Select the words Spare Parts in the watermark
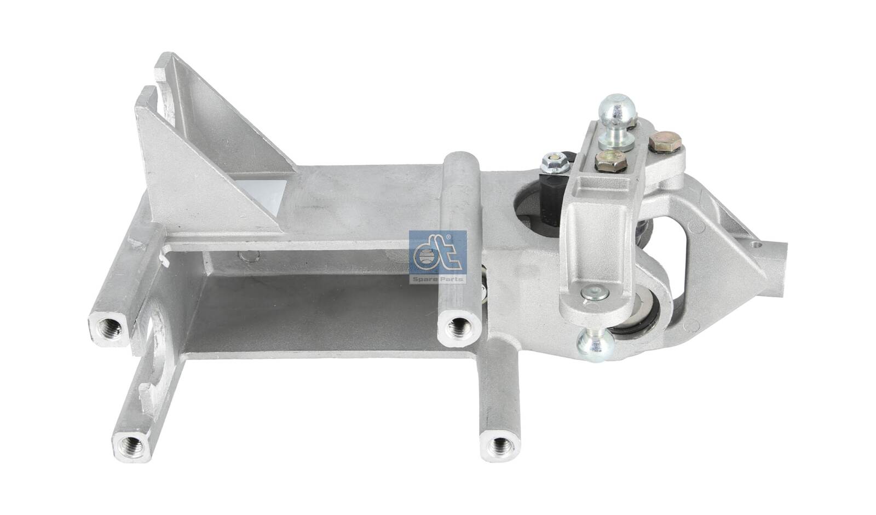tap(437, 279)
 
